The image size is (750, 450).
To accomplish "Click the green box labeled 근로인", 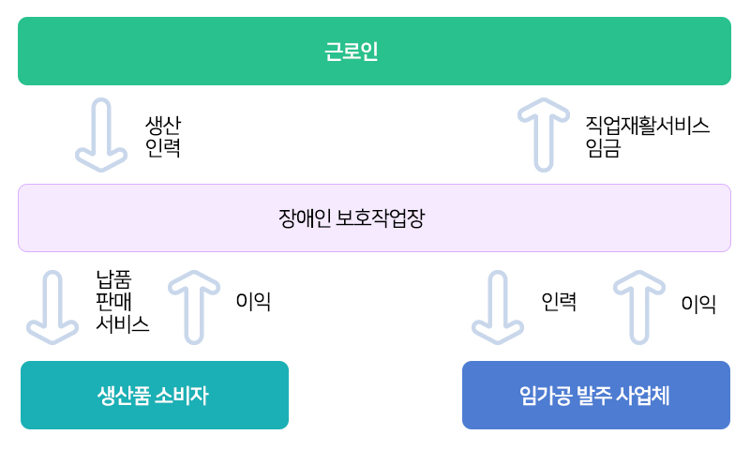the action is click(374, 52).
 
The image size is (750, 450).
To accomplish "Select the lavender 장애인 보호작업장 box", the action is click(374, 218).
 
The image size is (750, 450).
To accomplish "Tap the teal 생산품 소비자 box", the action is click(155, 395).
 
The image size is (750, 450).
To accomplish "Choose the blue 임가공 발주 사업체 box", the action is click(596, 395).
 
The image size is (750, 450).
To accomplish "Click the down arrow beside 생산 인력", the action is click(101, 135).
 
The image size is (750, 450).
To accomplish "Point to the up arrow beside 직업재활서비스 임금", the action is click(544, 135).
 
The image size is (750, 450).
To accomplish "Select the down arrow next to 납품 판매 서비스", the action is click(52, 307).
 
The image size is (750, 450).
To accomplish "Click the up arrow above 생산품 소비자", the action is click(194, 307).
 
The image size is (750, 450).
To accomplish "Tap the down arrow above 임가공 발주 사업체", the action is click(498, 307).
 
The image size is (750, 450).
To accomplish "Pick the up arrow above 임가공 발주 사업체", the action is click(639, 307).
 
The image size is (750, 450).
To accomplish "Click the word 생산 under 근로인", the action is click(163, 126).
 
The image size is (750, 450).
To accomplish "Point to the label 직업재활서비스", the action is click(647, 126).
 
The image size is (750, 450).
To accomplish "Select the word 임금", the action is click(603, 148).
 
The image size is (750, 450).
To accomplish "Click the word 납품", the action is click(113, 279).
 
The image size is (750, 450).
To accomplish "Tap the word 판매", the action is click(113, 302).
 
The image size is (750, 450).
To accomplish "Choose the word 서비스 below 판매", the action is click(123, 324).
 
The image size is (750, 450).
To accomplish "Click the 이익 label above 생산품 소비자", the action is click(253, 301).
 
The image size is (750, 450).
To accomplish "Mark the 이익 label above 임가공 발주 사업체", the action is click(698, 304).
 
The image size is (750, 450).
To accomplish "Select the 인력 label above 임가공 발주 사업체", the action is click(559, 302).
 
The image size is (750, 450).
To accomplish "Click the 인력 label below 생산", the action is click(163, 148).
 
